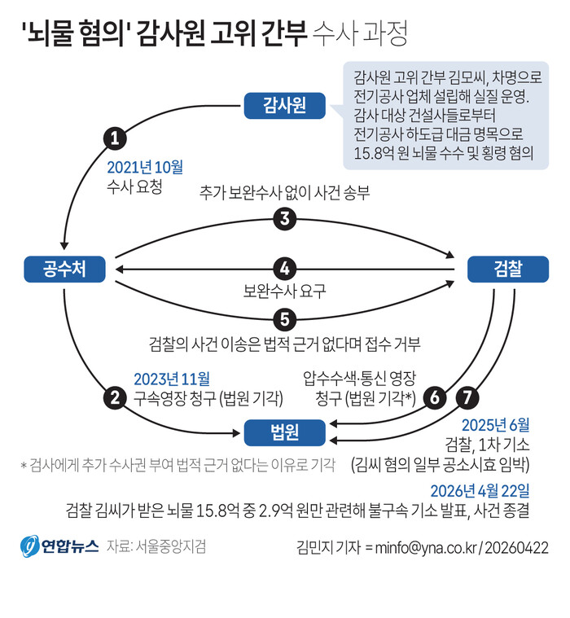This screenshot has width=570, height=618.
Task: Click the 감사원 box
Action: pos(284,105)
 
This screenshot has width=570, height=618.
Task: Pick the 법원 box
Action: pos(284,431)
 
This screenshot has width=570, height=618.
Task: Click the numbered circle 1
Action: pos(116,137)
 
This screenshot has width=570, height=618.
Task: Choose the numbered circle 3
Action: pos(284,218)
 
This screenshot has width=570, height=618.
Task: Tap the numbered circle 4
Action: pos(284,268)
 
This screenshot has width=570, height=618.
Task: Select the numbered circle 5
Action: pos(284,318)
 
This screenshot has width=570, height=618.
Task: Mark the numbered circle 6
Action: pos(436,397)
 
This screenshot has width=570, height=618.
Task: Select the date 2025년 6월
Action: pos(495,424)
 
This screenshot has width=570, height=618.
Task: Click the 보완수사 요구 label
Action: pos(284,289)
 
